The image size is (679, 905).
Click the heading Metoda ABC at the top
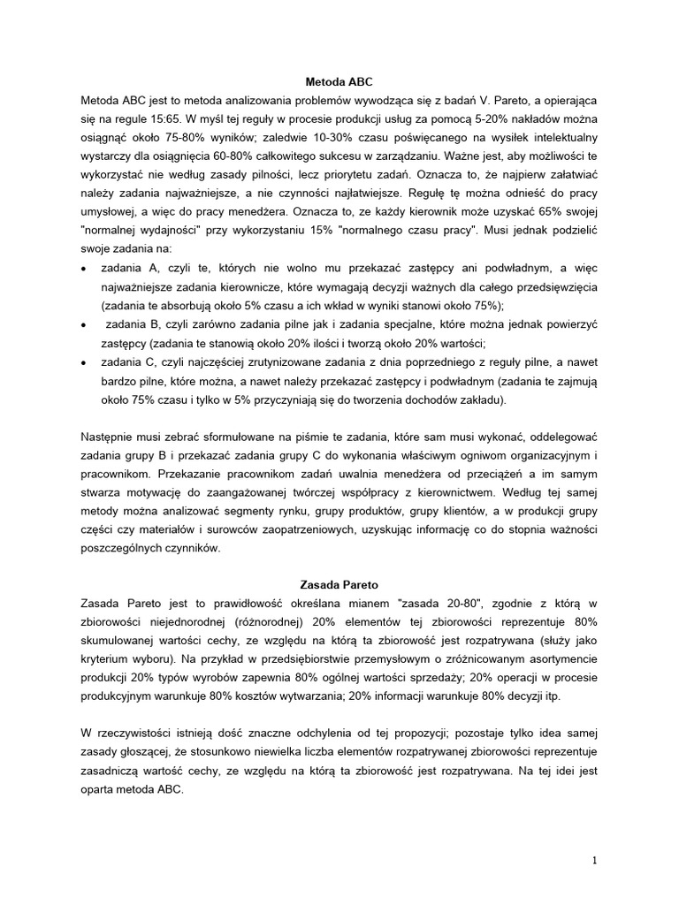pyautogui.click(x=339, y=80)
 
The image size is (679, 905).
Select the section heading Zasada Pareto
pyautogui.click(x=339, y=585)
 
